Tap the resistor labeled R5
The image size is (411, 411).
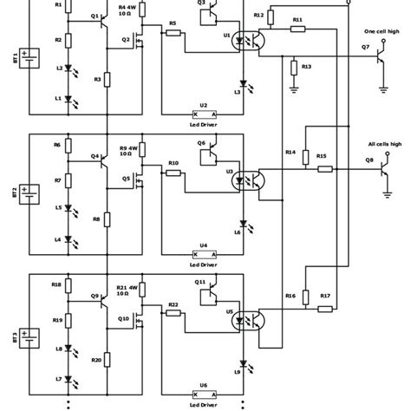(x=173, y=33)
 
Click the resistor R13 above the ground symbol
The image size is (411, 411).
(x=295, y=67)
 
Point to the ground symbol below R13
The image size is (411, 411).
(x=295, y=87)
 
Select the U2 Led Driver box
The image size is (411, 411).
(x=204, y=114)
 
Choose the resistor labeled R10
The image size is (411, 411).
(x=173, y=173)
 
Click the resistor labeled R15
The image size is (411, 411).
(x=322, y=168)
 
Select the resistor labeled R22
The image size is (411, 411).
(x=173, y=313)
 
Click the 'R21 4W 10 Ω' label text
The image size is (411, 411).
(x=127, y=290)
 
